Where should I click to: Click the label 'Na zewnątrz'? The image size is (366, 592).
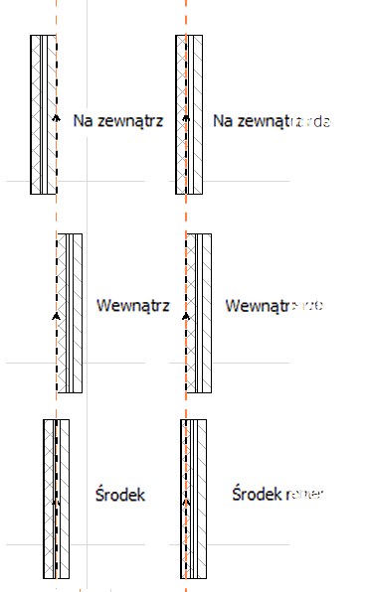[117, 120]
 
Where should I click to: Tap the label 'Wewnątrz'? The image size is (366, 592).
[131, 305]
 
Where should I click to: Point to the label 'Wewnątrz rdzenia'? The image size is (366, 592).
[290, 305]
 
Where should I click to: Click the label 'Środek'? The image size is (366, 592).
[121, 493]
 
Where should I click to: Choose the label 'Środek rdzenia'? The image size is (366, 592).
[285, 493]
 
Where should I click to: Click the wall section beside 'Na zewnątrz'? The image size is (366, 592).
[44, 114]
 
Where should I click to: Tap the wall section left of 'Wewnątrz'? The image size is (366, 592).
[69, 313]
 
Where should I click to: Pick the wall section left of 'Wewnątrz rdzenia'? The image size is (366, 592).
[198, 313]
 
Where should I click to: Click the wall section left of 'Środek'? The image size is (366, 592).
[57, 497]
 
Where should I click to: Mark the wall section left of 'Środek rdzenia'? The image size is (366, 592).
[193, 497]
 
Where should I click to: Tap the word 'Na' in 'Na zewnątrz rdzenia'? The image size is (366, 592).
[223, 120]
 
